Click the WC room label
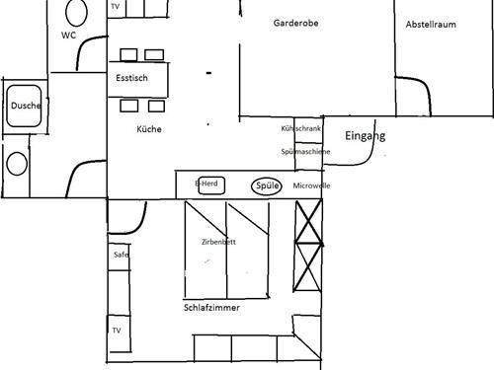68,35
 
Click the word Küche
149,129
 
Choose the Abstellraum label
430,25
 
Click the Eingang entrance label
365,137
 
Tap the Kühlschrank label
300,129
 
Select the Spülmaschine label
304,152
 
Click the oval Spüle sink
267,185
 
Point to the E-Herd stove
206,184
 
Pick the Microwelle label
311,185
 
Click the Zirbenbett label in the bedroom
217,242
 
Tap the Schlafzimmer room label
212,308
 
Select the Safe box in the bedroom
120,255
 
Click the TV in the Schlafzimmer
117,330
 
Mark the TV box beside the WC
117,8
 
